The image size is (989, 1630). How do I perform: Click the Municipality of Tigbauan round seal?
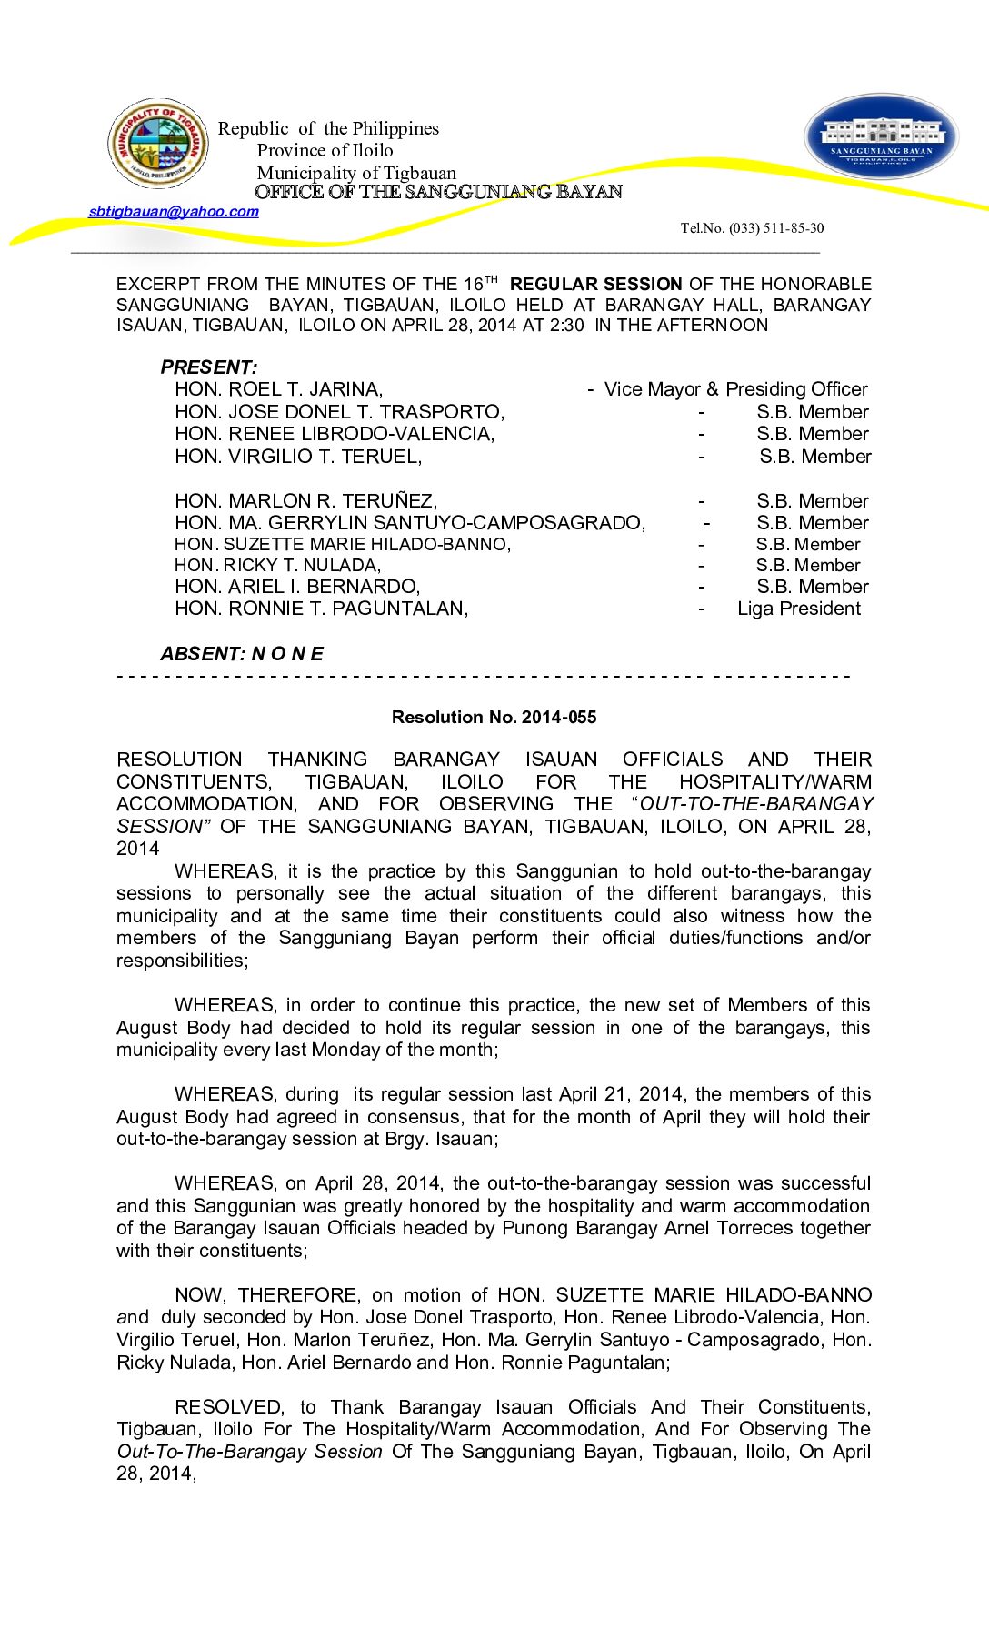(x=158, y=144)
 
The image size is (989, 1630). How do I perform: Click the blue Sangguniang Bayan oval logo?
(x=881, y=137)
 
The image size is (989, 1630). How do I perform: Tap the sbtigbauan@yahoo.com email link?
(x=174, y=212)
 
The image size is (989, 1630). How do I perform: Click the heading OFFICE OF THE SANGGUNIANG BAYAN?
(x=438, y=192)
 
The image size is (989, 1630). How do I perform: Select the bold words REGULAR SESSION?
(x=595, y=285)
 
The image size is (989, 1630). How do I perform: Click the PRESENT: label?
(x=209, y=367)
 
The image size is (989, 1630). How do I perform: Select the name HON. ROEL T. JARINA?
(x=278, y=390)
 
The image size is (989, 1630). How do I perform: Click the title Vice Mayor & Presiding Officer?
(x=735, y=390)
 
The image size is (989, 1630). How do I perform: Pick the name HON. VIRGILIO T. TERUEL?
(x=298, y=457)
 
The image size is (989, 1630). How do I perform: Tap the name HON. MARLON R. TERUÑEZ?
(x=305, y=501)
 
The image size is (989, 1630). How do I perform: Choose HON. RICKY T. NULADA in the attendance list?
(x=277, y=566)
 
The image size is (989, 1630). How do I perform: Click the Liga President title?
(x=798, y=609)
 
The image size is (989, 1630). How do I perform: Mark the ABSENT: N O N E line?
(x=242, y=654)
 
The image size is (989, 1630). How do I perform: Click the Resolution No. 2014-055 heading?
(x=494, y=718)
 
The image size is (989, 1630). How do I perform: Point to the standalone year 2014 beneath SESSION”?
(x=137, y=849)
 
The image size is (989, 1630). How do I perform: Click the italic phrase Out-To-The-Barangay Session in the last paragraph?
(x=249, y=1452)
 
